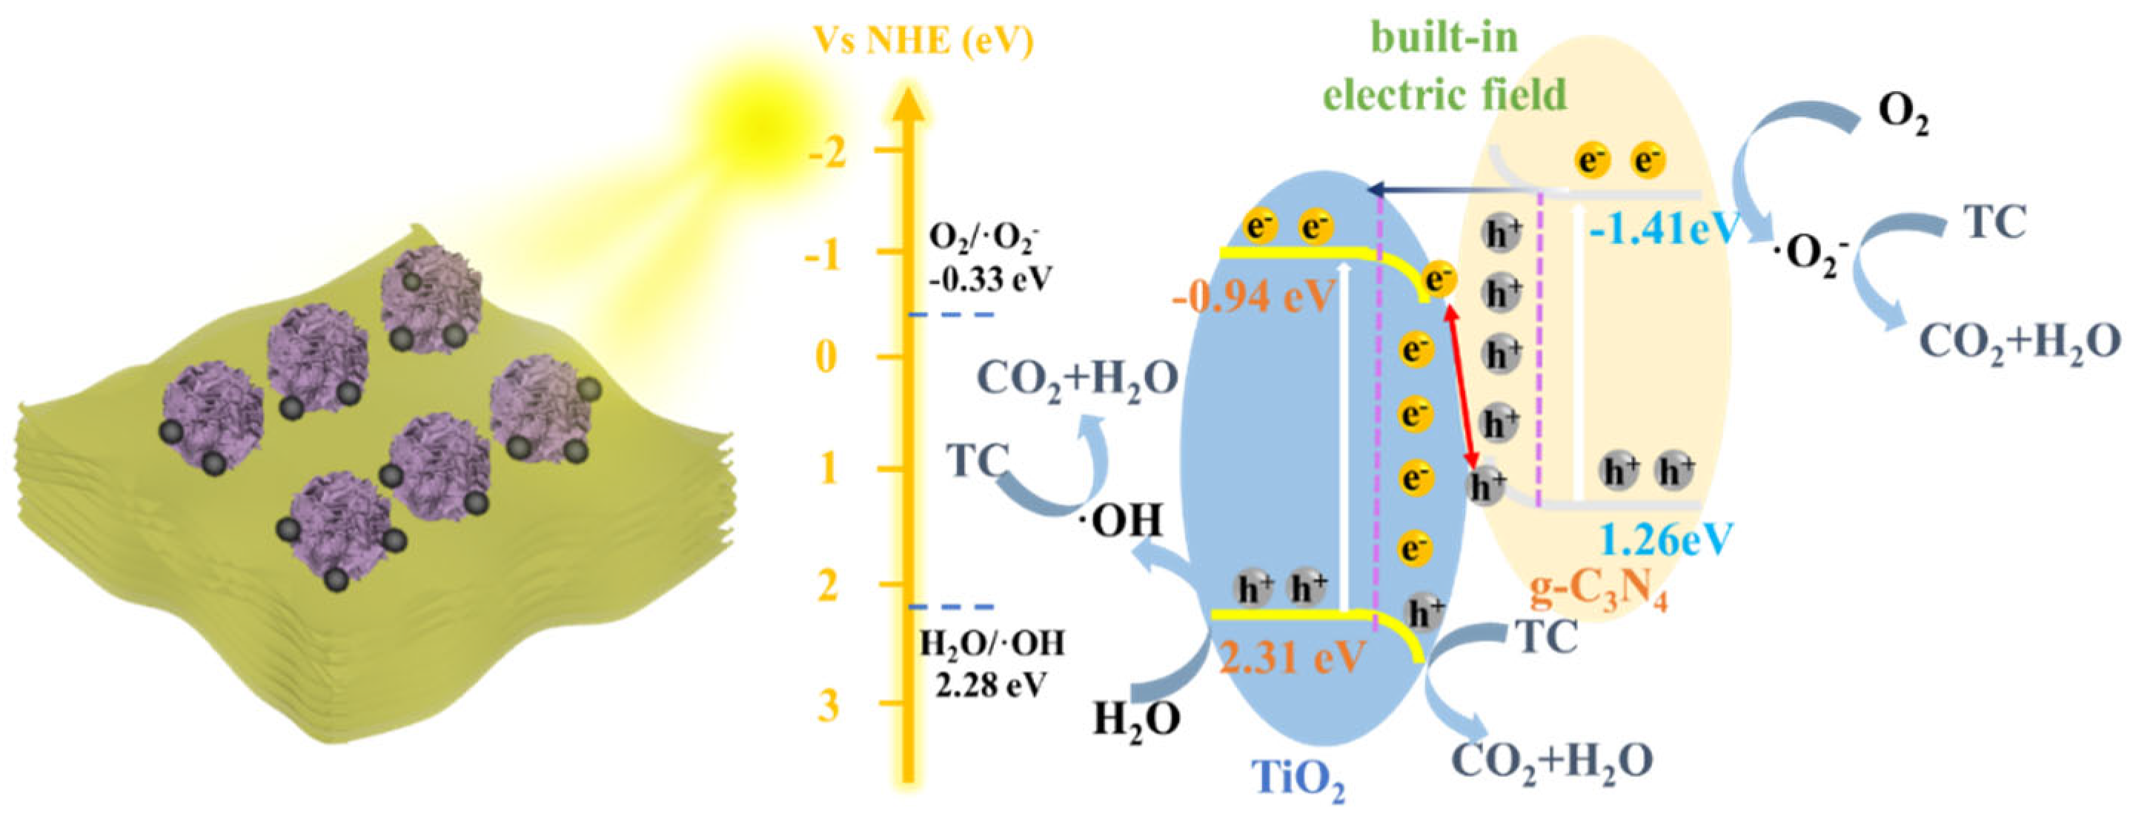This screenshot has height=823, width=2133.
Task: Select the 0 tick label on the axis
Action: tap(828, 359)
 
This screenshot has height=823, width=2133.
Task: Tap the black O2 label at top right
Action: tap(1902, 116)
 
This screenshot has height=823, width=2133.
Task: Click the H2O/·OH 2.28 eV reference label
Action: tap(991, 663)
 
